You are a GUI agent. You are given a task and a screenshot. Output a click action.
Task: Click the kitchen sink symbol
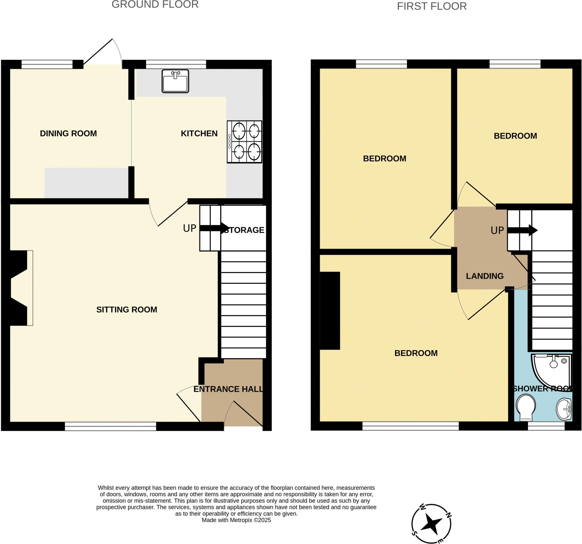tap(175, 81)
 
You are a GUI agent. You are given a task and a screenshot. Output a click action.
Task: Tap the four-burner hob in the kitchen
tap(244, 142)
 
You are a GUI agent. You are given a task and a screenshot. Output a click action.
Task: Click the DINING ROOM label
tap(68, 134)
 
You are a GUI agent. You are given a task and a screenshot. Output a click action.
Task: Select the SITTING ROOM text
tap(126, 310)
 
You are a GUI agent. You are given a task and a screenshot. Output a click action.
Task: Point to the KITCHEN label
tap(199, 134)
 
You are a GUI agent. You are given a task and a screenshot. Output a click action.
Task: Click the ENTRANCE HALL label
tap(228, 389)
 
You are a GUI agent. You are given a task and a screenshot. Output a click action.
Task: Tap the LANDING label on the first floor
tap(485, 276)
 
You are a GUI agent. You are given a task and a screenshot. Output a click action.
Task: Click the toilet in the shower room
tap(526, 407)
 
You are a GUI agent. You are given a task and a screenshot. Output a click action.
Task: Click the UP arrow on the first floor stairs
tap(522, 230)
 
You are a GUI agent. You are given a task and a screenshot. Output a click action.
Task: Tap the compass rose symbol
tap(431, 524)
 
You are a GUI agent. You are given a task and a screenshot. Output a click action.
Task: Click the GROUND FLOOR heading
tap(155, 4)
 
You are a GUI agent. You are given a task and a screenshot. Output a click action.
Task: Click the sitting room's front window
tap(110, 426)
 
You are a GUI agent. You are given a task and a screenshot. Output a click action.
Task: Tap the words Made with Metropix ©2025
tap(236, 520)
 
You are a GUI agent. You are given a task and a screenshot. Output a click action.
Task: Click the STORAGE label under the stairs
tap(245, 230)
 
